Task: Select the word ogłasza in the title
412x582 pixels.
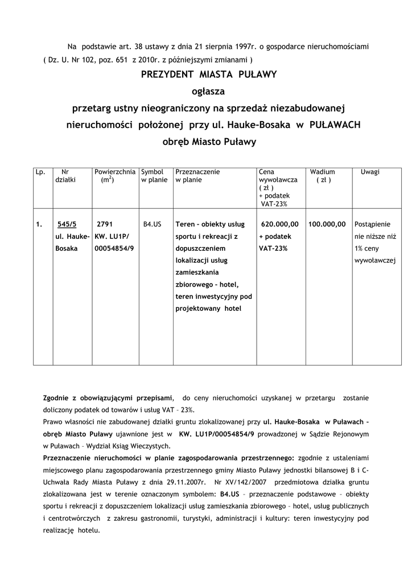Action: point(208,90)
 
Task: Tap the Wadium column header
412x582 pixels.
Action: point(323,172)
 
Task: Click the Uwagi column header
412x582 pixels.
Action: point(370,172)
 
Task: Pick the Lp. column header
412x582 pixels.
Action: point(40,172)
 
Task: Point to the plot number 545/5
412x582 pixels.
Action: point(67,225)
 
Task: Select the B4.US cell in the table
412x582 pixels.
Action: point(153,225)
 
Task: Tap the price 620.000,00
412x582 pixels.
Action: point(279,225)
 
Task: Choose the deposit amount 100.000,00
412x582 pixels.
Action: point(327,225)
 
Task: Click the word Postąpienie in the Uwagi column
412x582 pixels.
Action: point(372,225)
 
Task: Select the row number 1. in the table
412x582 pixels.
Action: point(39,225)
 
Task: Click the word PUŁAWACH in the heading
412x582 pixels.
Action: point(335,124)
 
